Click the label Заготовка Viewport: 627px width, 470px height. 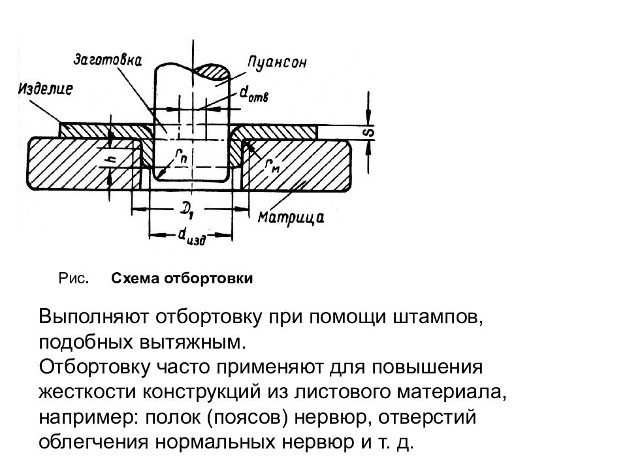(108, 60)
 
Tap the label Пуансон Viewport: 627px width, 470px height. (277, 63)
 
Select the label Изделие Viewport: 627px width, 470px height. (45, 88)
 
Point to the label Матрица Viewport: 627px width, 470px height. (291, 217)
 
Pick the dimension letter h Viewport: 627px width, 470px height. (112, 159)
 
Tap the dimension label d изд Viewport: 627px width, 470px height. (191, 238)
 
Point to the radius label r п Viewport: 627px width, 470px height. (180, 157)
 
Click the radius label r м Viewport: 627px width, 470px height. (272, 167)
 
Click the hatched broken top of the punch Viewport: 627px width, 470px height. (212, 70)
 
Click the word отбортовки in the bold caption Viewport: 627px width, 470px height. (208, 279)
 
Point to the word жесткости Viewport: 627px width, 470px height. (88, 392)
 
